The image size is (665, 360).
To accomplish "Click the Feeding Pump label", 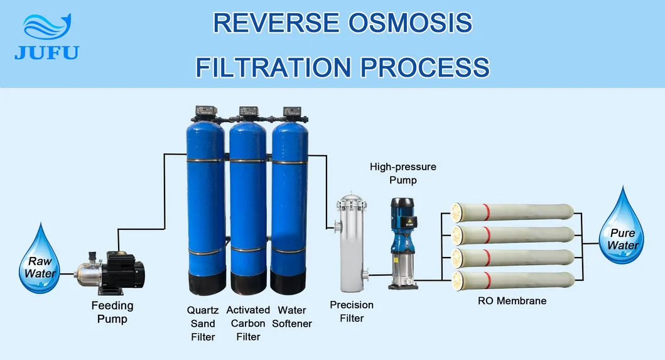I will (112, 312).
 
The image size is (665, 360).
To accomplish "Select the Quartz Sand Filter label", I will (203, 324).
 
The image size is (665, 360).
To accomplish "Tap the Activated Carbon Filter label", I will (248, 324).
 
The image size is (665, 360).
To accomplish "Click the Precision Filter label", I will (352, 311).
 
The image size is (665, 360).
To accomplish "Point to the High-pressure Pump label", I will (403, 173).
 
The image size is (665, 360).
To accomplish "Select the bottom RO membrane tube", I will (512, 280).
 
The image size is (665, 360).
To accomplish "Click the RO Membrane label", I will (512, 301).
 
